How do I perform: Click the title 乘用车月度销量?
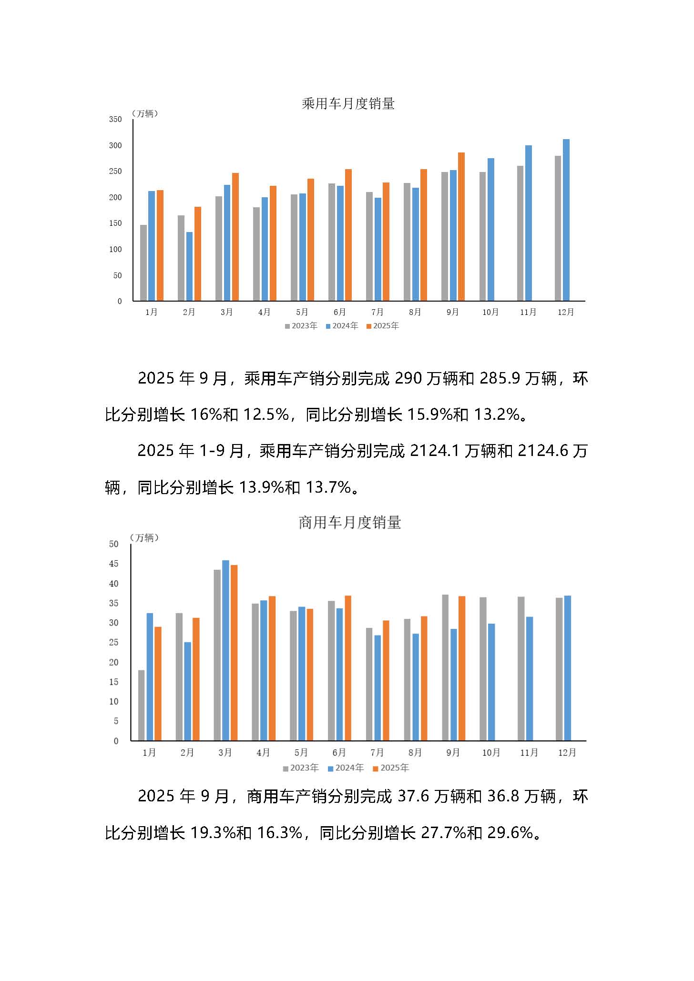(348, 103)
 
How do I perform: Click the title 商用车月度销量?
(350, 523)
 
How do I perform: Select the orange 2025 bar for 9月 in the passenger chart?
(461, 227)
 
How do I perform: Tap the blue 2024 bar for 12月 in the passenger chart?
(566, 220)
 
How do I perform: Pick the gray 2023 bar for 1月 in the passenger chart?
(143, 263)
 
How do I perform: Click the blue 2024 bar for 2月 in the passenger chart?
(189, 267)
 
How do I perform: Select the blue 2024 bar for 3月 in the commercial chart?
(225, 650)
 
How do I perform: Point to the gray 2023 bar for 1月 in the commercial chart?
(142, 705)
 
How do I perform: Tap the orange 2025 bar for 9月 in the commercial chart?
(461, 668)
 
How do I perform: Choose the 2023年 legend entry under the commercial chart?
(301, 768)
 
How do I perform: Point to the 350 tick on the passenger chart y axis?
(115, 119)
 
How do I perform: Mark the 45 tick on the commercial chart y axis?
(113, 564)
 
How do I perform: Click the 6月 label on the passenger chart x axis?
(340, 312)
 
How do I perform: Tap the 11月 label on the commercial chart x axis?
(529, 752)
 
